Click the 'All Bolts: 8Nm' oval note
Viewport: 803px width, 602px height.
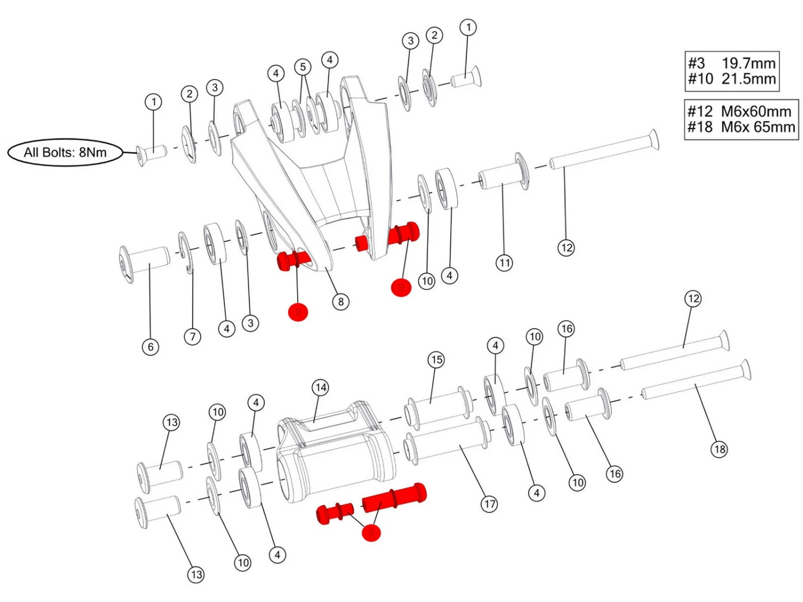click(65, 153)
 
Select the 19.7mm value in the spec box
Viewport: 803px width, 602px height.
click(748, 63)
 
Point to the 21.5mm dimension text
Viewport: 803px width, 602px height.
click(748, 79)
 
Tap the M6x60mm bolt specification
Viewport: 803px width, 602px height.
click(756, 111)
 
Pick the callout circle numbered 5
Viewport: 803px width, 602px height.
click(303, 67)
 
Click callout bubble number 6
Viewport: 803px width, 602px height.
click(150, 347)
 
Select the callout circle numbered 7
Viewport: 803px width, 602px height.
click(193, 337)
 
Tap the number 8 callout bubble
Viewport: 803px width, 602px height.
click(340, 302)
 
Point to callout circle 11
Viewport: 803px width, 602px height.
click(504, 263)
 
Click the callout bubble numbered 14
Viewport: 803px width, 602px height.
click(321, 387)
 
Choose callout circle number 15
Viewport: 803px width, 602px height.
click(436, 360)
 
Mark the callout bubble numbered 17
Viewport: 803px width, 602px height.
click(489, 504)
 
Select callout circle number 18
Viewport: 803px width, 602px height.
click(719, 449)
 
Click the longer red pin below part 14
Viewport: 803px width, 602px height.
click(395, 497)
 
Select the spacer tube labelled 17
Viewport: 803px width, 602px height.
click(447, 441)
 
